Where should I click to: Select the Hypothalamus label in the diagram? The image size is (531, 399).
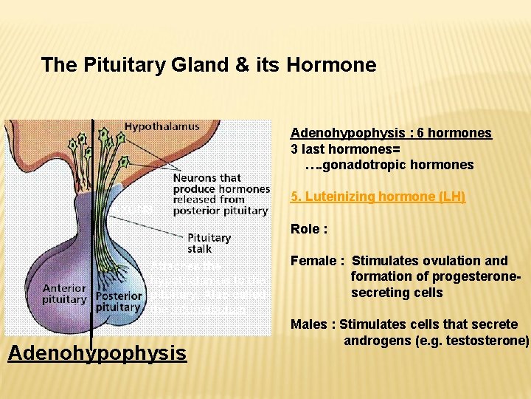162,126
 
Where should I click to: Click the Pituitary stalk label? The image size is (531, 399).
209,243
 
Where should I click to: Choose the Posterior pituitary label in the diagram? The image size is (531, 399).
118,301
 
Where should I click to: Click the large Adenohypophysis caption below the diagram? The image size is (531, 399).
97,353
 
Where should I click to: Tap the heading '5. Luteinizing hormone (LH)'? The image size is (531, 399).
378,197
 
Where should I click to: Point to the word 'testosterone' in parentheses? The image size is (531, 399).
487,341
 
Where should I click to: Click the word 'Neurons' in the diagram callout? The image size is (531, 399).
195,177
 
